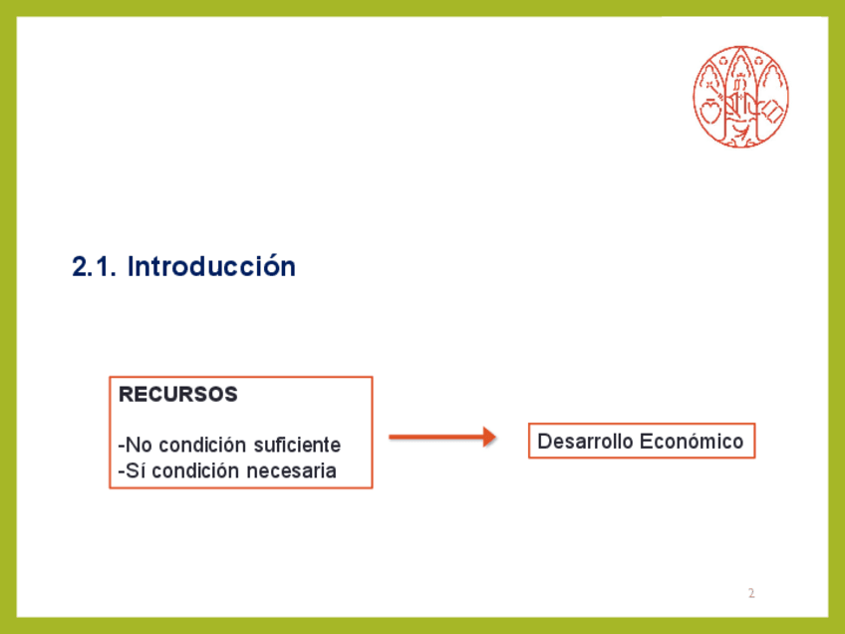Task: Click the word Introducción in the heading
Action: point(211,266)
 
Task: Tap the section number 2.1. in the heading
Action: point(94,267)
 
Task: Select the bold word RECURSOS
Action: point(177,394)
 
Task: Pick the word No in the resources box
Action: point(139,445)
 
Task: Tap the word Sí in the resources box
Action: point(136,471)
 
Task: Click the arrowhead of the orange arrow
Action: point(489,437)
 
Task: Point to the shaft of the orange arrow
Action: point(436,437)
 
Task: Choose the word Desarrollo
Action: point(585,441)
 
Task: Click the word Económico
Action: point(692,441)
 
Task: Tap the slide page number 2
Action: point(751,593)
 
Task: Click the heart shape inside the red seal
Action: point(709,113)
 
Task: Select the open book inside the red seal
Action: point(772,113)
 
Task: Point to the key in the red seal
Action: point(714,90)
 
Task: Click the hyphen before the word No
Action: point(122,447)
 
